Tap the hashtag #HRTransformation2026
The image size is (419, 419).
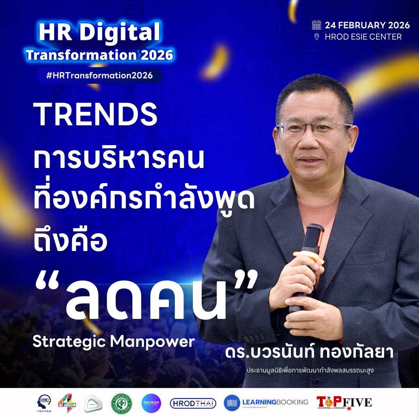(99, 76)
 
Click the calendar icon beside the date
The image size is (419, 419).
(317, 26)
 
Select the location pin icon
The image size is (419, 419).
(317, 37)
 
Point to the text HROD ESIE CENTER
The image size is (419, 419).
(363, 37)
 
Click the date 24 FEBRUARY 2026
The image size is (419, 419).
(367, 26)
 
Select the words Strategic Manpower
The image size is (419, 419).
(113, 341)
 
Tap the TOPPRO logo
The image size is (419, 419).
(44, 403)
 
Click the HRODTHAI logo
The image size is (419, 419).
(193, 403)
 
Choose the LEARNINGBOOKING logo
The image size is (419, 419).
(266, 403)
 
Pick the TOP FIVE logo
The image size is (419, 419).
(344, 403)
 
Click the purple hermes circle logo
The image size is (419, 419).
(151, 403)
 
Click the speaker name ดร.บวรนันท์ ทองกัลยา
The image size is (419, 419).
(309, 353)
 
